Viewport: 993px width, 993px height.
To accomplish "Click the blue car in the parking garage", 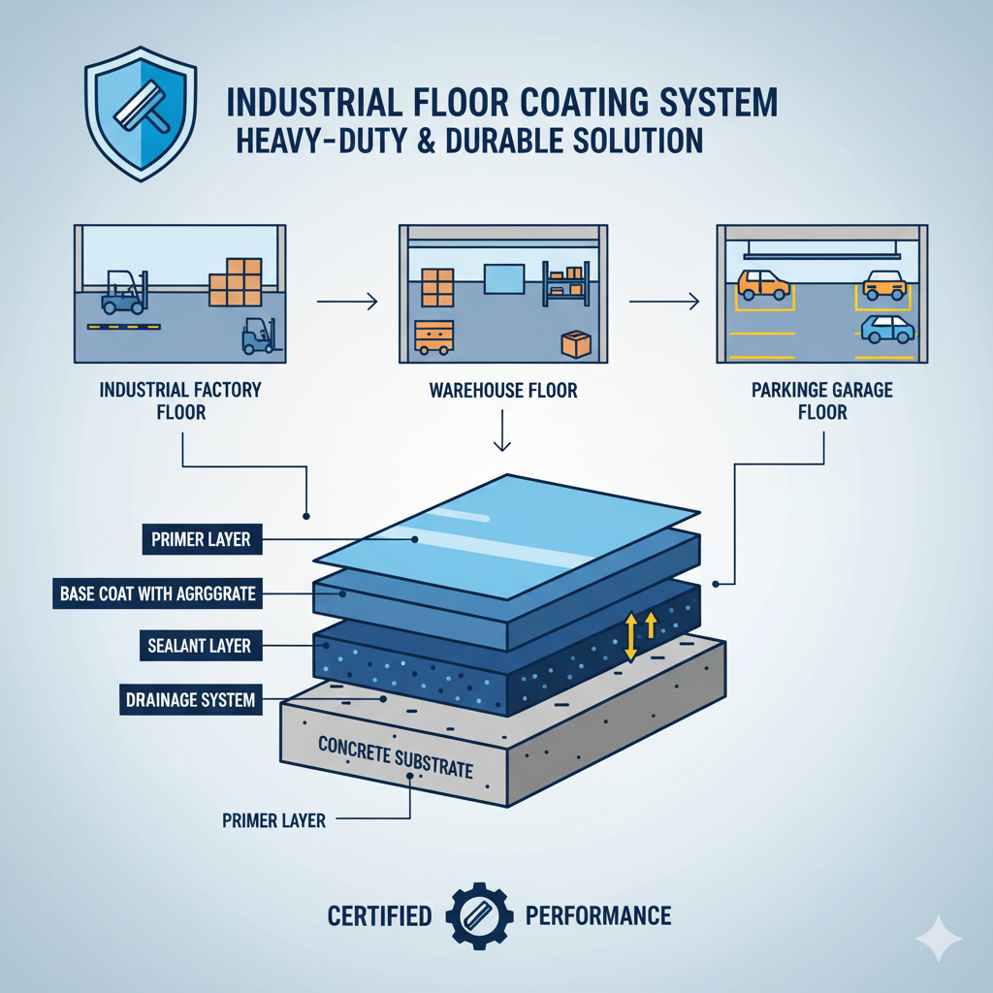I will [x=887, y=329].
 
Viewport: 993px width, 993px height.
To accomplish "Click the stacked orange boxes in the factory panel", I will [x=236, y=281].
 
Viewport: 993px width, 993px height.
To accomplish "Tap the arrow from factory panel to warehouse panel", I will [x=346, y=304].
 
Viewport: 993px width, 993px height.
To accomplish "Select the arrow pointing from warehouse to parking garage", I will [x=663, y=304].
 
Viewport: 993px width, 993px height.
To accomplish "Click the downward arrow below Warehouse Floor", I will [x=502, y=432].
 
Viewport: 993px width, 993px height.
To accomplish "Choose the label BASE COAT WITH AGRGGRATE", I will [x=156, y=593].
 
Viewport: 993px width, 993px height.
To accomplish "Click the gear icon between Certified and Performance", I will [x=478, y=914].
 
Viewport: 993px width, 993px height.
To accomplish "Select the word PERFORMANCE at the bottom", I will [x=597, y=915].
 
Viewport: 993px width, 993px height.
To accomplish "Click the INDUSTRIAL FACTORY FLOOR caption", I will [x=180, y=400].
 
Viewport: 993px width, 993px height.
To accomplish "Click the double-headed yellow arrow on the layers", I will [x=630, y=636].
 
